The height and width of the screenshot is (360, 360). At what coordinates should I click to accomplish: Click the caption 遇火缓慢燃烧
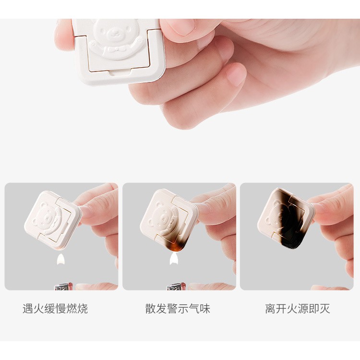pyautogui.click(x=55, y=309)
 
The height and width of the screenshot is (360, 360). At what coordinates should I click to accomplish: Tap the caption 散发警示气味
pyautogui.click(x=178, y=309)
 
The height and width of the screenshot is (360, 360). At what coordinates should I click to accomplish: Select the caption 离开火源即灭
pyautogui.click(x=298, y=309)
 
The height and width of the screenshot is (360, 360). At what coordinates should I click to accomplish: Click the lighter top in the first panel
pyautogui.click(x=62, y=287)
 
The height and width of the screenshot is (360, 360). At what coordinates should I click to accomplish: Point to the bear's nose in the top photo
pyautogui.click(x=113, y=35)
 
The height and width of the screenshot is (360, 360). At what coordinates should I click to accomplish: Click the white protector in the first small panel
pyautogui.click(x=52, y=219)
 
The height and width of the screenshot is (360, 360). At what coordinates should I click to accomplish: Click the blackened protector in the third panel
pyautogui.click(x=286, y=218)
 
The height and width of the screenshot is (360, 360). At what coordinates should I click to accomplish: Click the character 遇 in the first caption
pyautogui.click(x=28, y=309)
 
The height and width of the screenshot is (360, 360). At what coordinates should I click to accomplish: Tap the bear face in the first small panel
pyautogui.click(x=48, y=216)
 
